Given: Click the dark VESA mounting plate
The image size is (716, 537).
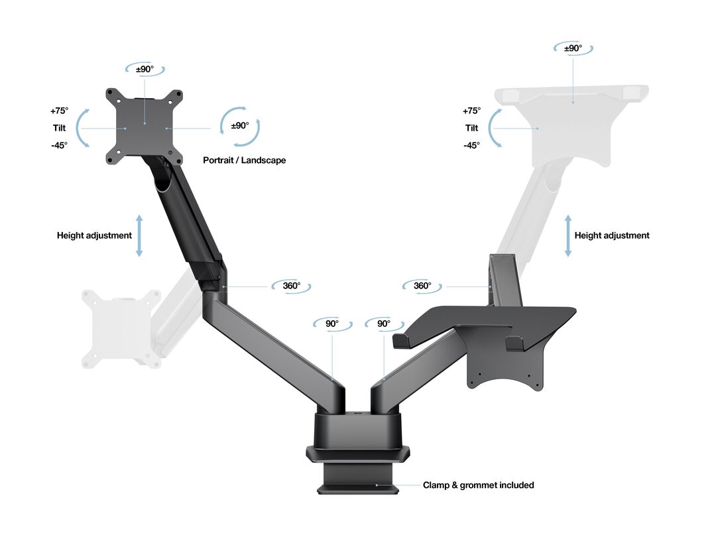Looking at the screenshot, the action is (145, 127).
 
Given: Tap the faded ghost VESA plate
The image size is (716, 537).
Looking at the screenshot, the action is (121, 328).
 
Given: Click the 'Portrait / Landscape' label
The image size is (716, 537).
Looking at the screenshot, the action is (244, 160).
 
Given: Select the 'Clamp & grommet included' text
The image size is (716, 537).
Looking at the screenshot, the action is (478, 485).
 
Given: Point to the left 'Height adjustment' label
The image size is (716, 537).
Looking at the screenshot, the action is (94, 235).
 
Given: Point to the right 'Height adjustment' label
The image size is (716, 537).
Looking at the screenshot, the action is (611, 235).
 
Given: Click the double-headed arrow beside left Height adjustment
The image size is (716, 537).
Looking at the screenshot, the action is (139, 235).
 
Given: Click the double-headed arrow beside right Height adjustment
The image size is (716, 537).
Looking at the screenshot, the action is (568, 235).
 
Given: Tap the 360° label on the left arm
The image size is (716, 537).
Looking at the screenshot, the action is (291, 286).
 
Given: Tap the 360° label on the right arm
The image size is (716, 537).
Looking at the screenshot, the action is (422, 286).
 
